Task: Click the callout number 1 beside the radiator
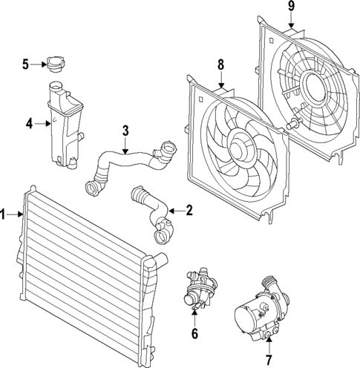(x=4, y=216)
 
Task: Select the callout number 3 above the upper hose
(x=125, y=131)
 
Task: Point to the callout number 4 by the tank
(x=28, y=123)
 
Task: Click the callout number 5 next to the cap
(x=25, y=65)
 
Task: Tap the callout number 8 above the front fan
(x=220, y=66)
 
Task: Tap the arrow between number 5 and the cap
(x=39, y=65)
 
